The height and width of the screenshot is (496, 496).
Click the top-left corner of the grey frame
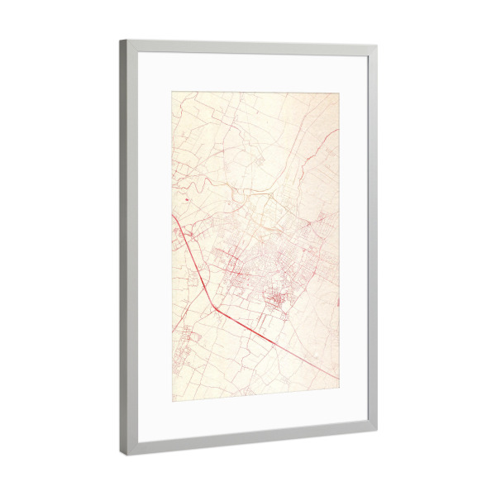click(x=120, y=40)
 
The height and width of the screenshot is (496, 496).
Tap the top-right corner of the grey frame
click(x=377, y=46)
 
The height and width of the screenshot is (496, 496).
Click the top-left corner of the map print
click(x=172, y=91)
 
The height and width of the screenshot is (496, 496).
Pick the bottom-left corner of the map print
click(x=172, y=401)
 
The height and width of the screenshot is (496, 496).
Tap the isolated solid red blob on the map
click(x=188, y=199)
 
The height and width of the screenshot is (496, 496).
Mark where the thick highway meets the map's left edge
click(x=173, y=216)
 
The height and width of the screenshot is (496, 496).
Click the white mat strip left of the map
click(x=155, y=248)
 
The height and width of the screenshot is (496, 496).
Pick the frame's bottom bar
click(x=248, y=443)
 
